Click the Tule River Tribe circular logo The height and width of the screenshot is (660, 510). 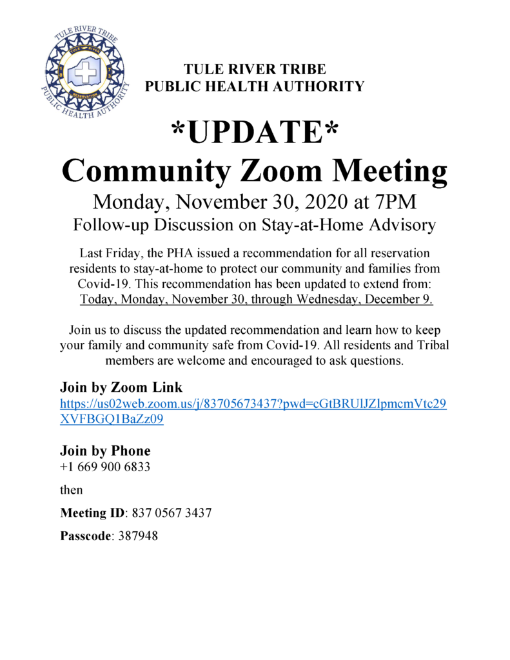85,72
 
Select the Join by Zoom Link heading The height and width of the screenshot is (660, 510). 121,387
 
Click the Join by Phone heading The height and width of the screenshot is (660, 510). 105,450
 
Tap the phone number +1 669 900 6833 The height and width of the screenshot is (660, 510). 105,466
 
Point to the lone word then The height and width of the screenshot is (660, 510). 72,490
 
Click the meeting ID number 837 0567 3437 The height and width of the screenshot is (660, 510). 172,514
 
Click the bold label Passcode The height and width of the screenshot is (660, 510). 86,536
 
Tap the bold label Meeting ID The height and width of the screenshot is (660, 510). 93,514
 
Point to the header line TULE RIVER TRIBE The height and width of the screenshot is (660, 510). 255,70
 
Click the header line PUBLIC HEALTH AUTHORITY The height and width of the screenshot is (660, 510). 255,86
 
